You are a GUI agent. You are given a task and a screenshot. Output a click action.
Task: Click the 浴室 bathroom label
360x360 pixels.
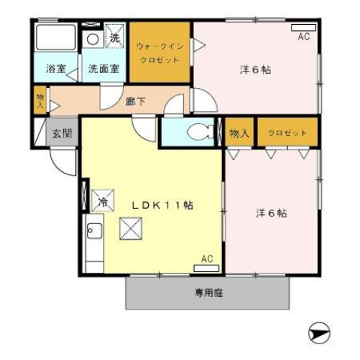pyautogui.click(x=56, y=69)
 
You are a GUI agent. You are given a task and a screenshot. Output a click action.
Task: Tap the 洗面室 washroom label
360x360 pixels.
pyautogui.click(x=104, y=69)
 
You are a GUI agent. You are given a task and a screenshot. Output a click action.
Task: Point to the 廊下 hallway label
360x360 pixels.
pyautogui.click(x=136, y=101)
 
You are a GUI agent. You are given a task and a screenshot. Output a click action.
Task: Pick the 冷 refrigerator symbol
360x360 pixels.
pyautogui.click(x=102, y=201)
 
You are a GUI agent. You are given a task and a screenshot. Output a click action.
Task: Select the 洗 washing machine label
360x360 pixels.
pyautogui.click(x=115, y=37)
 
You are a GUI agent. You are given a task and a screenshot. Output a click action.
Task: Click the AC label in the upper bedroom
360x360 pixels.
pyautogui.click(x=304, y=35)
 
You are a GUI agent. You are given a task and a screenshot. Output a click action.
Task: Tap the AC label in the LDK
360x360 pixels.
pyautogui.click(x=207, y=259)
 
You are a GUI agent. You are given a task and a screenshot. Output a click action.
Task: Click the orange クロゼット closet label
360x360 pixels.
pyautogui.click(x=287, y=133)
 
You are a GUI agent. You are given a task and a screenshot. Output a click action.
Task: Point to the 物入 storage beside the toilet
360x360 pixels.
pyautogui.click(x=239, y=133)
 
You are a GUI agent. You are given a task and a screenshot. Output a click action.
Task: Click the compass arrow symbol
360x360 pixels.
pyautogui.click(x=319, y=329)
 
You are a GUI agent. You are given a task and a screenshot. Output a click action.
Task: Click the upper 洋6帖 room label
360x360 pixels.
pyautogui.click(x=255, y=70)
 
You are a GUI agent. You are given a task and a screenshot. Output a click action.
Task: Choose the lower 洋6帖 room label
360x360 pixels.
pyautogui.click(x=271, y=213)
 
